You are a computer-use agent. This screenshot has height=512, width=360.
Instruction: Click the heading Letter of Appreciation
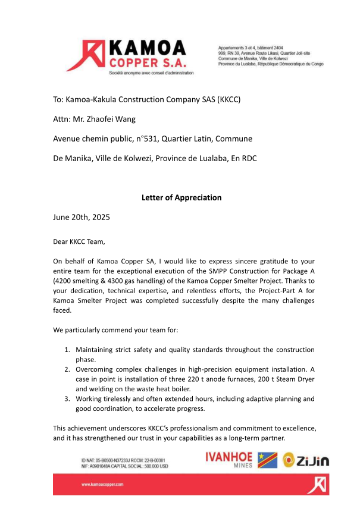coord(181,197)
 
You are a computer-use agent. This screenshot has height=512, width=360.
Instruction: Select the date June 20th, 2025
coord(81,218)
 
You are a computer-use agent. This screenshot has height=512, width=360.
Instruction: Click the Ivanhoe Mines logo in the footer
coord(229,460)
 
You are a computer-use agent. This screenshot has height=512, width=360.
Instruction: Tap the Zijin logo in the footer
coord(306,460)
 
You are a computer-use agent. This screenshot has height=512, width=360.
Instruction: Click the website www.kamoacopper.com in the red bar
coord(102,485)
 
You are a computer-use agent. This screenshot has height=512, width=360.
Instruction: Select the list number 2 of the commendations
coord(67,369)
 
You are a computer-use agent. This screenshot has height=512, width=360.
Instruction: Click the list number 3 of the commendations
coord(67,398)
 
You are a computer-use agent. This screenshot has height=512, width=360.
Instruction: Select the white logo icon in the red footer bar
coord(317,485)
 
